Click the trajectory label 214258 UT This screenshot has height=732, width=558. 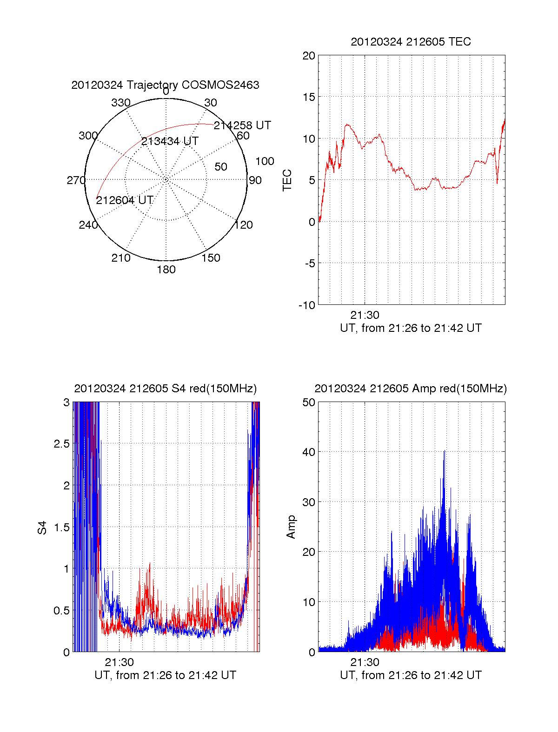click(x=242, y=125)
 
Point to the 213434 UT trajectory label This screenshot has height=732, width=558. click(x=170, y=141)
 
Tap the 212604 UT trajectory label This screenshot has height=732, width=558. click(x=124, y=200)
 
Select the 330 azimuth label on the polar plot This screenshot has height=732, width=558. click(x=120, y=103)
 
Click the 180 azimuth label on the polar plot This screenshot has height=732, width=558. click(x=166, y=270)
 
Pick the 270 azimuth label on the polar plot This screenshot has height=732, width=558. click(x=76, y=180)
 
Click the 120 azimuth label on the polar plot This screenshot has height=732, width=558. click(x=243, y=225)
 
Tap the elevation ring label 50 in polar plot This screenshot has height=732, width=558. click(x=221, y=167)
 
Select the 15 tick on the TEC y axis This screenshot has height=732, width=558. click(x=309, y=97)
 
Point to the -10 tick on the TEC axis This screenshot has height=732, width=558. click(x=307, y=305)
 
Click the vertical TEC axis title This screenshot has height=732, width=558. click(x=287, y=180)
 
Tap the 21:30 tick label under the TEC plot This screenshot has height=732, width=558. click(x=365, y=316)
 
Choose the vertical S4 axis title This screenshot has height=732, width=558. click(x=42, y=528)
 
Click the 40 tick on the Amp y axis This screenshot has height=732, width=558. click(x=309, y=452)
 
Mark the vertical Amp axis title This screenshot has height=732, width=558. click(x=291, y=527)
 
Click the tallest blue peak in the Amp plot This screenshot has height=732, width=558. click(x=444, y=451)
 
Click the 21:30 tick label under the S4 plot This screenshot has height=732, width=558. click(x=119, y=663)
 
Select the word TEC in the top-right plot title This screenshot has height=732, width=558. click(x=460, y=42)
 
